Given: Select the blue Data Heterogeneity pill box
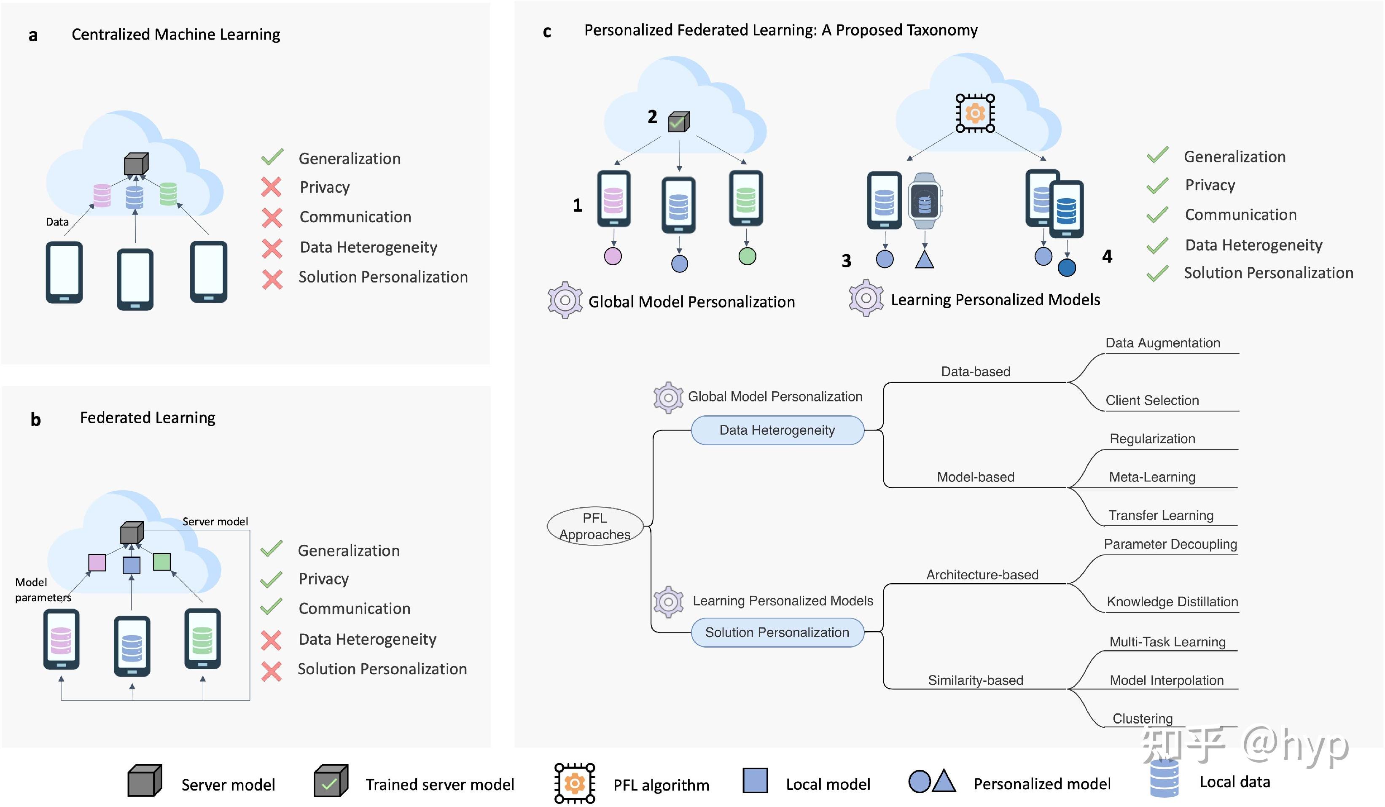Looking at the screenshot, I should pyautogui.click(x=777, y=430).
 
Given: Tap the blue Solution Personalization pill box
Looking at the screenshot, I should pyautogui.click(x=777, y=633).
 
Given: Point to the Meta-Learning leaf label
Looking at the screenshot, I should pyautogui.click(x=1151, y=477).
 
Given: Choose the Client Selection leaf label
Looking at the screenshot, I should pyautogui.click(x=1151, y=400).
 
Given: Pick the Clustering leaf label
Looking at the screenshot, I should pyautogui.click(x=1142, y=718).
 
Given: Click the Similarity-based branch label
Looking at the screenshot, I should pyautogui.click(x=975, y=681).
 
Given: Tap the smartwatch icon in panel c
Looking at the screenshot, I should pyautogui.click(x=925, y=202).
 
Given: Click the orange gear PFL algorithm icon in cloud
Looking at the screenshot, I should pyautogui.click(x=974, y=113).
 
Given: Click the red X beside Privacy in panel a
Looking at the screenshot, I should pyautogui.click(x=272, y=187).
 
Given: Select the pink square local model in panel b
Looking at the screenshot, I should pyautogui.click(x=97, y=563).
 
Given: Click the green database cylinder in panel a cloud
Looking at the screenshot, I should pyautogui.click(x=168, y=194).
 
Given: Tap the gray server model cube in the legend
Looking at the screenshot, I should pyautogui.click(x=145, y=780).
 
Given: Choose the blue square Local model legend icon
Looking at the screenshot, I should pyautogui.click(x=755, y=780).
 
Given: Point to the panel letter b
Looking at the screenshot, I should pyautogui.click(x=35, y=420).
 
